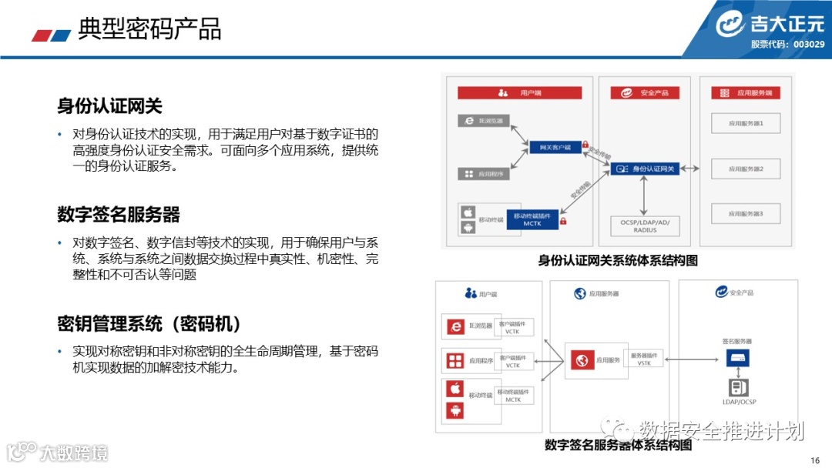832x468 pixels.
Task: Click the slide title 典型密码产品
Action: tap(150, 28)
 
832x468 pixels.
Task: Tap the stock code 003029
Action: tap(809, 45)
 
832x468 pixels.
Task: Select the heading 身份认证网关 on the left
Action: tap(109, 105)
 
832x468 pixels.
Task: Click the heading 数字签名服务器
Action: tap(118, 214)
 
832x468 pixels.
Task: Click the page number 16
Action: tap(815, 460)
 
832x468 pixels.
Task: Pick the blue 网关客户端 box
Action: tap(554, 147)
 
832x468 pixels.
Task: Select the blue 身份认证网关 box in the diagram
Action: tap(646, 169)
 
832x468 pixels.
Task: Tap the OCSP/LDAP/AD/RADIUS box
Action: tap(645, 226)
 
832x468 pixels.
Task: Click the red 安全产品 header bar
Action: tap(645, 93)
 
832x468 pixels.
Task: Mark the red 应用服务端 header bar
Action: tap(745, 93)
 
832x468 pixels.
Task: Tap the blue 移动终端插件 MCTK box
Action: tap(532, 219)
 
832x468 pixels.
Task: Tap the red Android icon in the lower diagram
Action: tap(455, 411)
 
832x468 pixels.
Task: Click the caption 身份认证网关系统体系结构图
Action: tap(618, 261)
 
